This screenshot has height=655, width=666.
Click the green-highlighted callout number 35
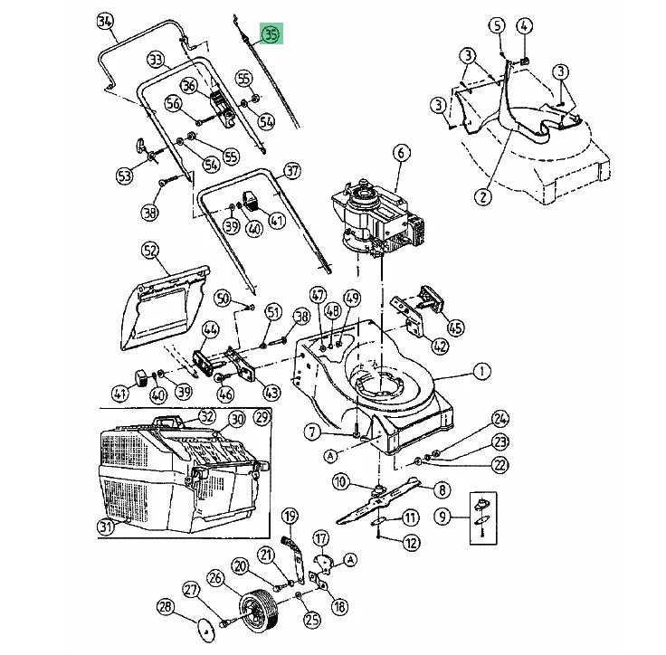coord(271,35)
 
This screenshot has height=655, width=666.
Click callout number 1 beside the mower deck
coord(481,371)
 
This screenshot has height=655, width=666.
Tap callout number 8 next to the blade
coord(442,489)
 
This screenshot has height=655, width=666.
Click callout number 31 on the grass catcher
coord(108,527)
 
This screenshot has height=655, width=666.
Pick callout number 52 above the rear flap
coord(150,249)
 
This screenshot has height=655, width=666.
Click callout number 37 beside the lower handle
coord(291,171)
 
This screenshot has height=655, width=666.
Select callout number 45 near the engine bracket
coord(455,328)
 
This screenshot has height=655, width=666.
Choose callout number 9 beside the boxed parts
coord(442,518)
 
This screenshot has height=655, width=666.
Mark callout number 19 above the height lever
coord(290,516)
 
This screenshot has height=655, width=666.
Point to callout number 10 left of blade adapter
coord(339,481)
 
